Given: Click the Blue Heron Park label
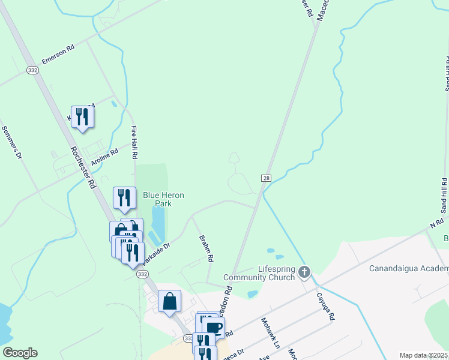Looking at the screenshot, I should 163,199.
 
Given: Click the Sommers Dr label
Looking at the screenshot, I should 11,142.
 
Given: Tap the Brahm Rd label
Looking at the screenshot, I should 206,248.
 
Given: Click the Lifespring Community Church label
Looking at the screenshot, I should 259,273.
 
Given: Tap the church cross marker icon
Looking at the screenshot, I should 304,272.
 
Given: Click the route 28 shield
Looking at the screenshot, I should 266,178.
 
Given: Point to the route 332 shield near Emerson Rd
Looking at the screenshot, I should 32,70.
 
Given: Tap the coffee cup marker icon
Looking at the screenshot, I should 214,328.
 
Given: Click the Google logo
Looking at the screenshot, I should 19,353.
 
